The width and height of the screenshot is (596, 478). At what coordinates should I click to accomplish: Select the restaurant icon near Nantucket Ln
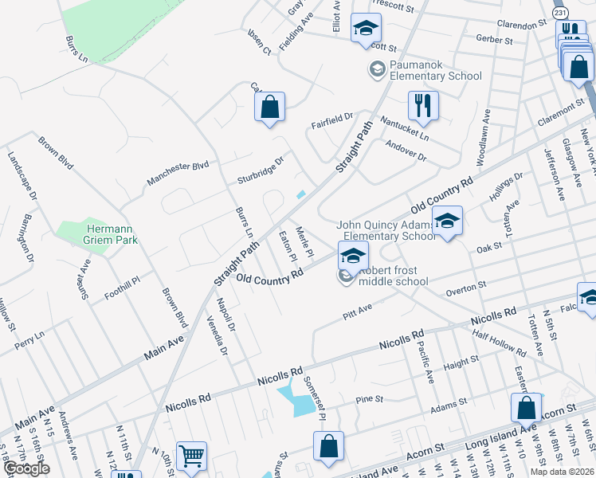(x=423, y=105)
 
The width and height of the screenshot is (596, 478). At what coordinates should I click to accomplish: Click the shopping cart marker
(x=191, y=456)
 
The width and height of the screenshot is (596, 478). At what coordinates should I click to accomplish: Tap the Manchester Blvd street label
(x=177, y=174)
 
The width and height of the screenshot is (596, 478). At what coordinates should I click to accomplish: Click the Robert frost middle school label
(x=393, y=276)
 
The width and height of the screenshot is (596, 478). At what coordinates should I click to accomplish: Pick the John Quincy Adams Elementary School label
(x=386, y=230)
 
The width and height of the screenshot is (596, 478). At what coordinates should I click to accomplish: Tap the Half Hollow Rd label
(x=499, y=340)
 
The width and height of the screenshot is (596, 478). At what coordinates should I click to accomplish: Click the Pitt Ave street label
(x=358, y=308)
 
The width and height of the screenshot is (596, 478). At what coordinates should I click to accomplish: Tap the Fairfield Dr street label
(x=331, y=120)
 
